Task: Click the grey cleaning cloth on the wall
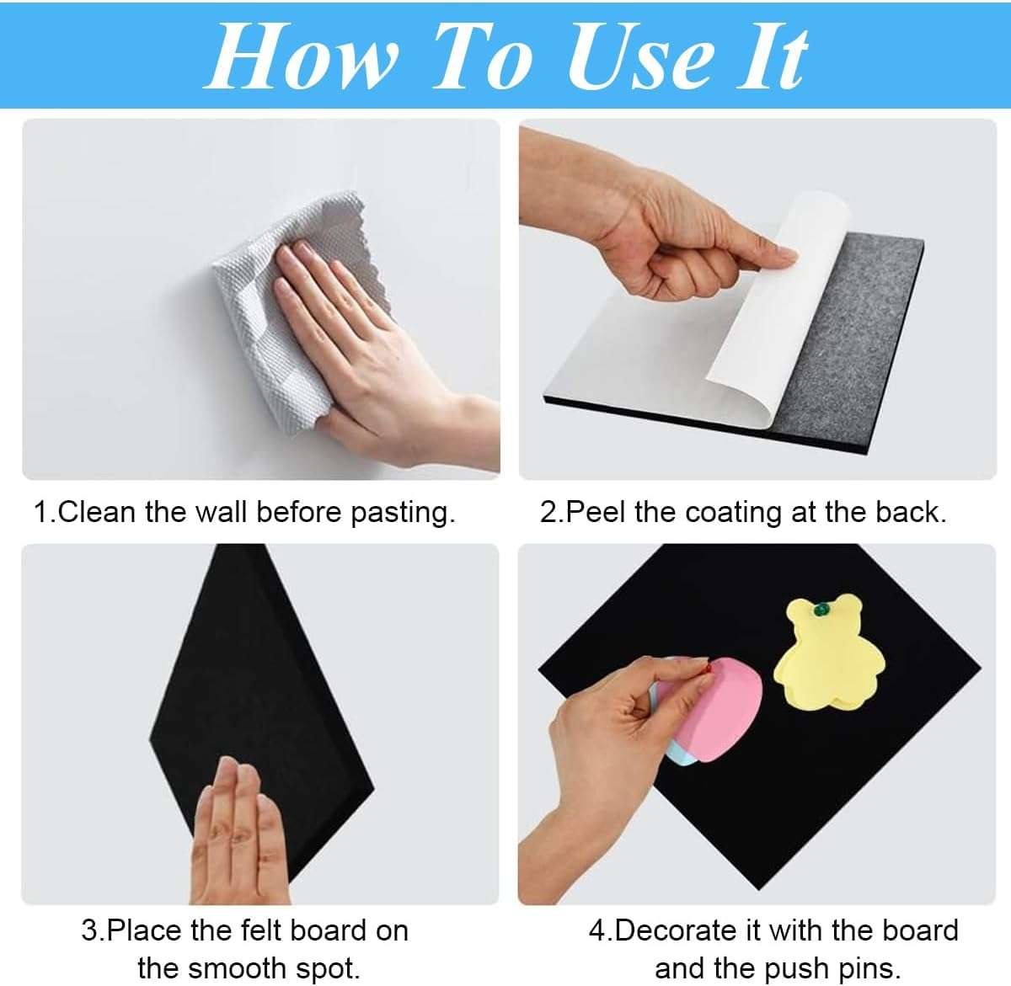[x=278, y=337]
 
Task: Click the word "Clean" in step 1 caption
[x=98, y=512]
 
